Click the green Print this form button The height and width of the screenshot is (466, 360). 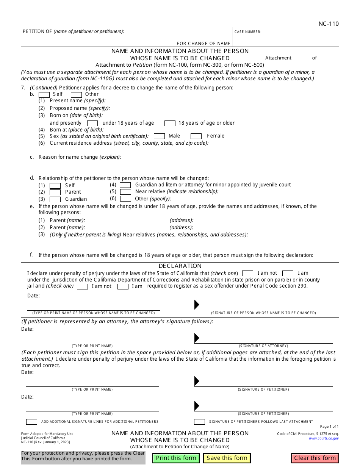tap(176, 458)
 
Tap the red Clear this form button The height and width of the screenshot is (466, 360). tap(315, 458)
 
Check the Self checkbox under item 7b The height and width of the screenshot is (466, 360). tap(44, 94)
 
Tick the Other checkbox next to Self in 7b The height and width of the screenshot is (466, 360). tap(76, 94)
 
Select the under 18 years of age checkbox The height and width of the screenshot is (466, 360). tap(92, 123)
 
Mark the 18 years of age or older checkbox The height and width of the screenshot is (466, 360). tap(170, 123)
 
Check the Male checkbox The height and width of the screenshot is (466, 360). tap(159, 136)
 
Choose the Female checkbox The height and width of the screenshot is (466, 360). tap(196, 136)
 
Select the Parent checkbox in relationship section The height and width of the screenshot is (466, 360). tap(55, 192)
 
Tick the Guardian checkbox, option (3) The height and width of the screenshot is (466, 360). tap(55, 199)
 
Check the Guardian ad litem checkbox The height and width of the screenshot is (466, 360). tap(125, 185)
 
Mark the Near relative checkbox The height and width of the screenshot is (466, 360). tap(125, 192)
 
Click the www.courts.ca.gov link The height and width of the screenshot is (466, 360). tap(324, 438)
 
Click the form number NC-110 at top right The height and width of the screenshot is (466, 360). tap(329, 24)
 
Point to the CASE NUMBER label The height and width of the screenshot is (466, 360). tap(248, 32)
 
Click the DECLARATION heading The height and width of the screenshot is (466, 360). tap(180, 266)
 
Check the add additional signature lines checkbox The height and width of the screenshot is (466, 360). tap(31, 422)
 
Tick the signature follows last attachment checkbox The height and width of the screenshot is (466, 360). tap(199, 422)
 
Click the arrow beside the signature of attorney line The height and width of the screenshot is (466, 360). tap(197, 338)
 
